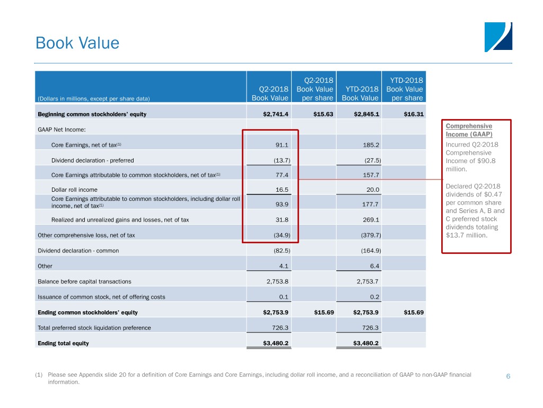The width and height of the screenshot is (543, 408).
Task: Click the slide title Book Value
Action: (x=77, y=43)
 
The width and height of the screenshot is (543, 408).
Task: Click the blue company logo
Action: (x=498, y=37)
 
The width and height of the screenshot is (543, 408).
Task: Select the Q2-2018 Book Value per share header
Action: (x=315, y=89)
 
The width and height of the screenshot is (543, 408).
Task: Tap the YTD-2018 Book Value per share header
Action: (x=405, y=89)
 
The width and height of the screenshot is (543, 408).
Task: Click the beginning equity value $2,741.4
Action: (x=276, y=114)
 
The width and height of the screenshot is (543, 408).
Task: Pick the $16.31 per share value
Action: (x=414, y=114)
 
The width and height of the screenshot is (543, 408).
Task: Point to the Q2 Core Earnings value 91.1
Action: (x=282, y=145)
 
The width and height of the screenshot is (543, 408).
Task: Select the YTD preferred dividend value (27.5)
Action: (x=373, y=160)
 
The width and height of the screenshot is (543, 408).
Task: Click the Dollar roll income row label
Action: (x=74, y=190)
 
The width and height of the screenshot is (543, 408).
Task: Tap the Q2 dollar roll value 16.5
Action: (x=282, y=190)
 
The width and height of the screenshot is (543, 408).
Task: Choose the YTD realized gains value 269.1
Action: (x=371, y=219)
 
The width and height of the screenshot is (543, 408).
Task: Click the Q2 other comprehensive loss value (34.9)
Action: (x=282, y=235)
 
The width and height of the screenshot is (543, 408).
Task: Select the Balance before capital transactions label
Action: (x=84, y=282)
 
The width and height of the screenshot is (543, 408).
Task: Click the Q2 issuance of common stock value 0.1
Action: (x=284, y=297)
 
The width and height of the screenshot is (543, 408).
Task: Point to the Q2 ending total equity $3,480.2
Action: (x=276, y=343)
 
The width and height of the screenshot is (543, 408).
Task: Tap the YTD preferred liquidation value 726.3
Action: (x=370, y=328)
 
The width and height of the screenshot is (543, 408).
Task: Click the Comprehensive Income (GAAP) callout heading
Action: (x=469, y=130)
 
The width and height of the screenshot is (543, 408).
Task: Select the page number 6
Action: (x=508, y=376)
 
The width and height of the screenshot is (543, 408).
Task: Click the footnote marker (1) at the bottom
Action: (x=38, y=375)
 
